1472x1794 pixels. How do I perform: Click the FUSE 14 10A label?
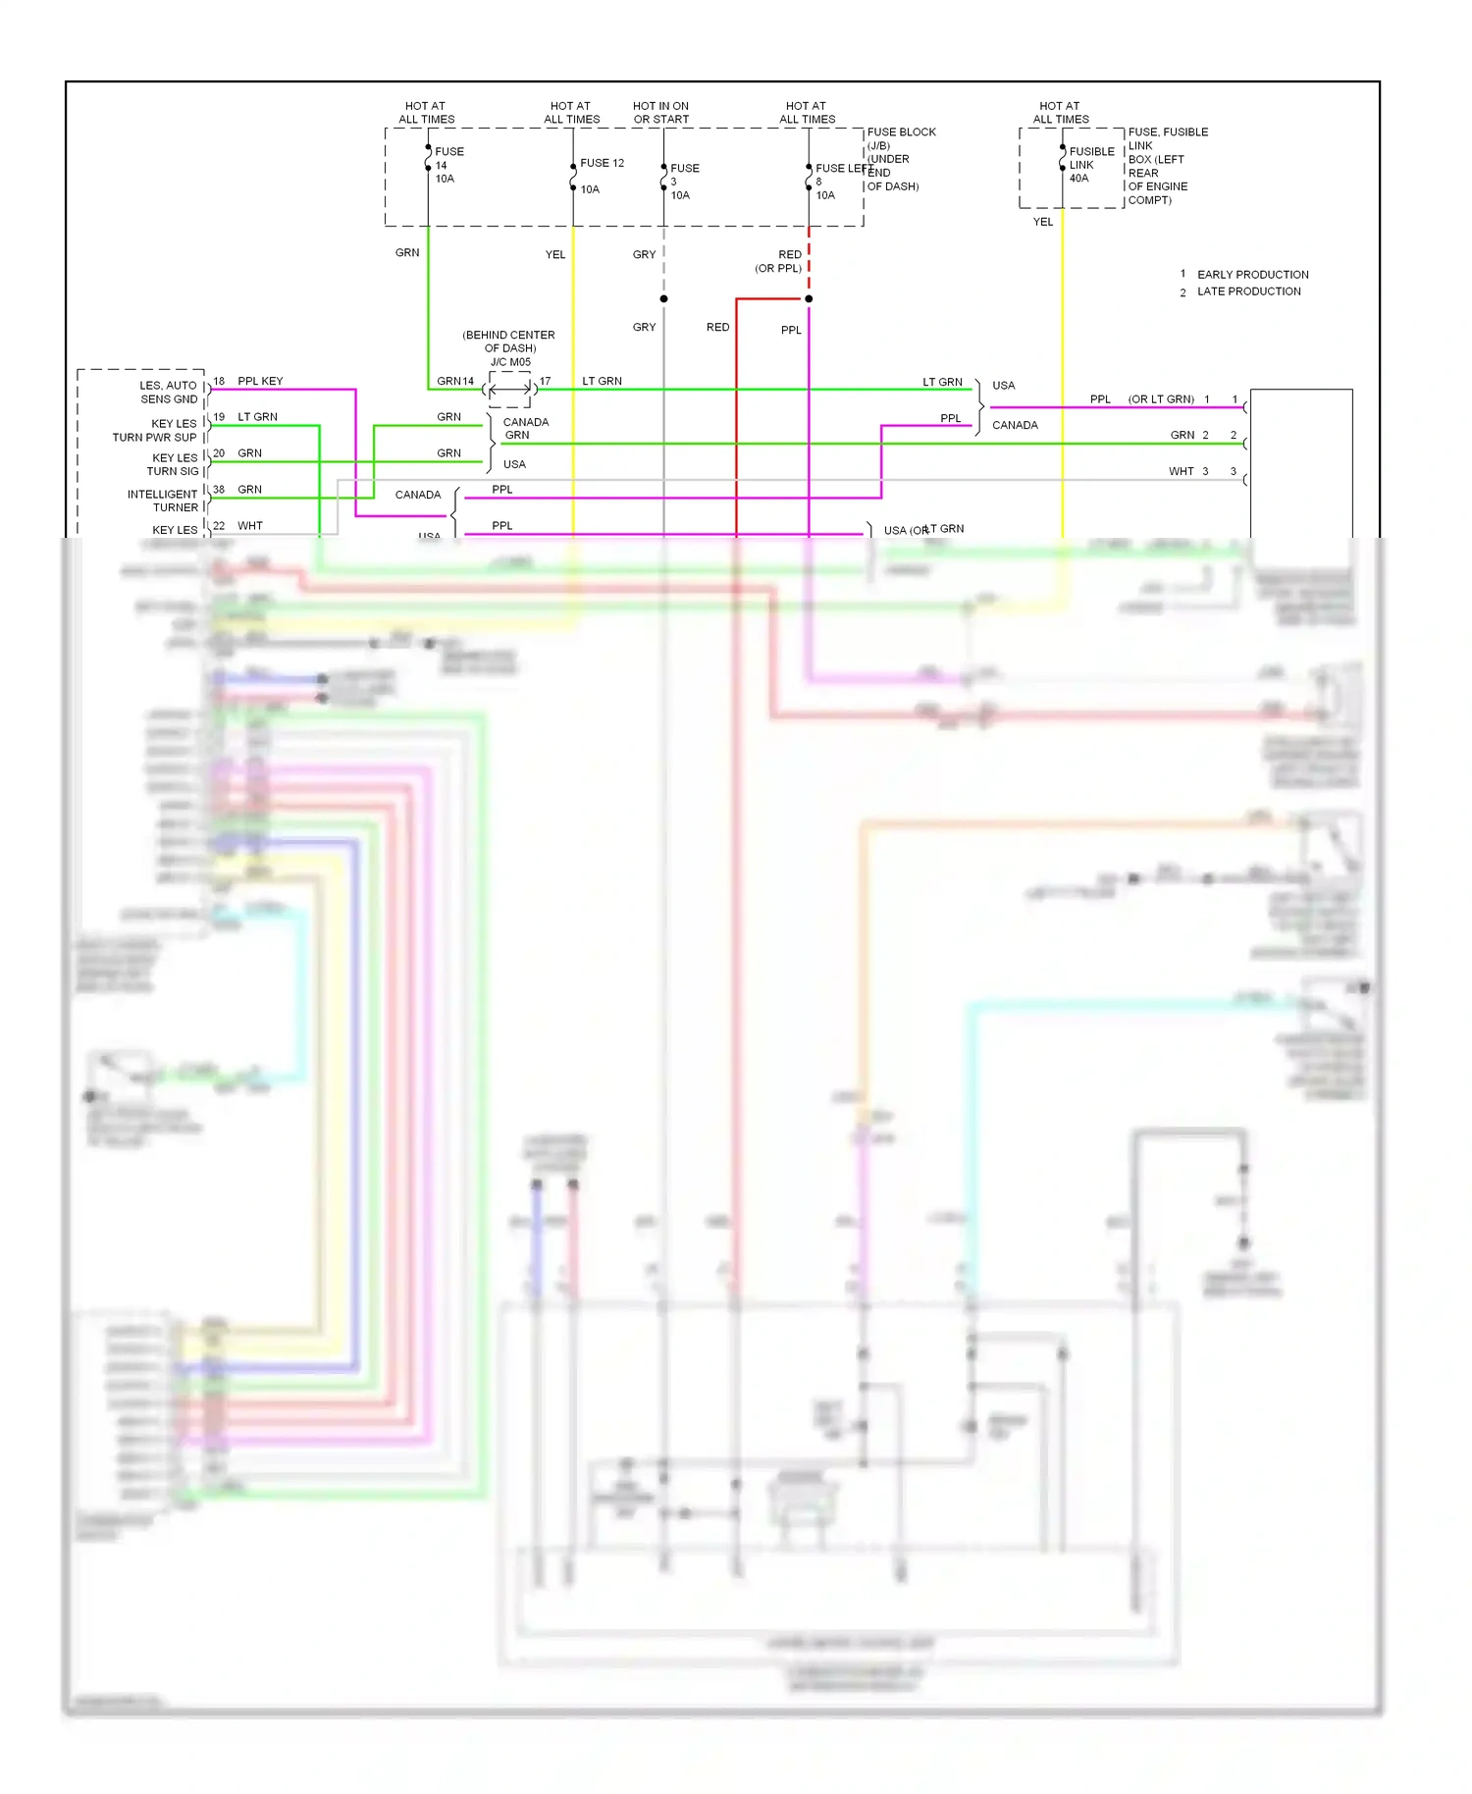[447, 165]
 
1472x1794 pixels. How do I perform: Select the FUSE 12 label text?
[602, 163]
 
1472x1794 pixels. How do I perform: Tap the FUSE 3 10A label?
[683, 182]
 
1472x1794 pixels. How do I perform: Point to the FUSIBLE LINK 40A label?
[1090, 165]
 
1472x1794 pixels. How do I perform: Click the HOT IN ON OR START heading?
[660, 113]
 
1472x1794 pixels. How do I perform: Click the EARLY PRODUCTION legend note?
[1251, 275]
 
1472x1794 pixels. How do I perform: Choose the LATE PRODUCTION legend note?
[1247, 291]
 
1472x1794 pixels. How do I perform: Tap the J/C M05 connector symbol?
[509, 390]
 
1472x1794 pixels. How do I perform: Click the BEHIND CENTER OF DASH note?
[509, 342]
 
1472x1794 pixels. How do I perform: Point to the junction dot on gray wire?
[664, 298]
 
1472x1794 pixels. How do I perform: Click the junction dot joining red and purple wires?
[809, 298]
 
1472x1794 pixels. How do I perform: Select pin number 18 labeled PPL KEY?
[219, 381]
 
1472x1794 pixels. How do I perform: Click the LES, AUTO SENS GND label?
[168, 393]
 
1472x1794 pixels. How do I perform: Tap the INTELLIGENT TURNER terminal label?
[163, 501]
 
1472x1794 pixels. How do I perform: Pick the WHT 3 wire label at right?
[1187, 471]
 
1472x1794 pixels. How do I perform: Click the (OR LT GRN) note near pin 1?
[1161, 399]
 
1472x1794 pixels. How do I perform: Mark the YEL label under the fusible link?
[1043, 222]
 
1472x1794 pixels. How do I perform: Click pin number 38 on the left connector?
[219, 489]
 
